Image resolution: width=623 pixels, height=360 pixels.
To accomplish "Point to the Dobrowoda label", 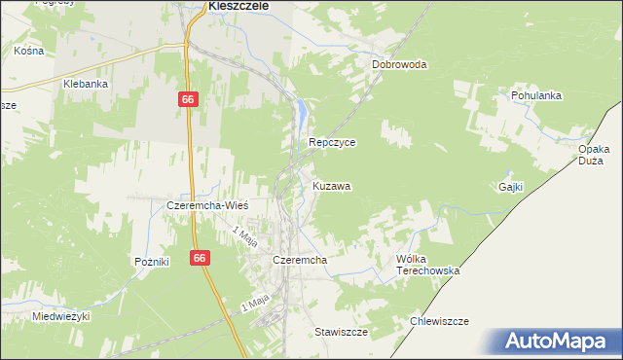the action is coord(399,65).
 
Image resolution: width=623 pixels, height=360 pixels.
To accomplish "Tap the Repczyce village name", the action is coord(332,142).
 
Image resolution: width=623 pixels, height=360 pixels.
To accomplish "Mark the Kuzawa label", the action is coord(332,185).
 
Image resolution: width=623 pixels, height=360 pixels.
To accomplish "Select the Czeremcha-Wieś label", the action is coord(208,206).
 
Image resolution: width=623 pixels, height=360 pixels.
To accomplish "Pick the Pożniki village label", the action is coord(152,262).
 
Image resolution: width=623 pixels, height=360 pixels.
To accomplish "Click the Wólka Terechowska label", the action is coord(426,265).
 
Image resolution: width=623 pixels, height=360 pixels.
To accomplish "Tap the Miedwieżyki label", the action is coord(60,316).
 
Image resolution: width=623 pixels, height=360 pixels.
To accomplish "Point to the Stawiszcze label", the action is coord(341,332).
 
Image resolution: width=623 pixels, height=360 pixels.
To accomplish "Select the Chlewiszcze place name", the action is coord(440,321).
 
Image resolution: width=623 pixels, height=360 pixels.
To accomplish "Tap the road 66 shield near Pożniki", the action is coord(200,258).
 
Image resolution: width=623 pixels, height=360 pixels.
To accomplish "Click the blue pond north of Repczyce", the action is coord(305,114).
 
